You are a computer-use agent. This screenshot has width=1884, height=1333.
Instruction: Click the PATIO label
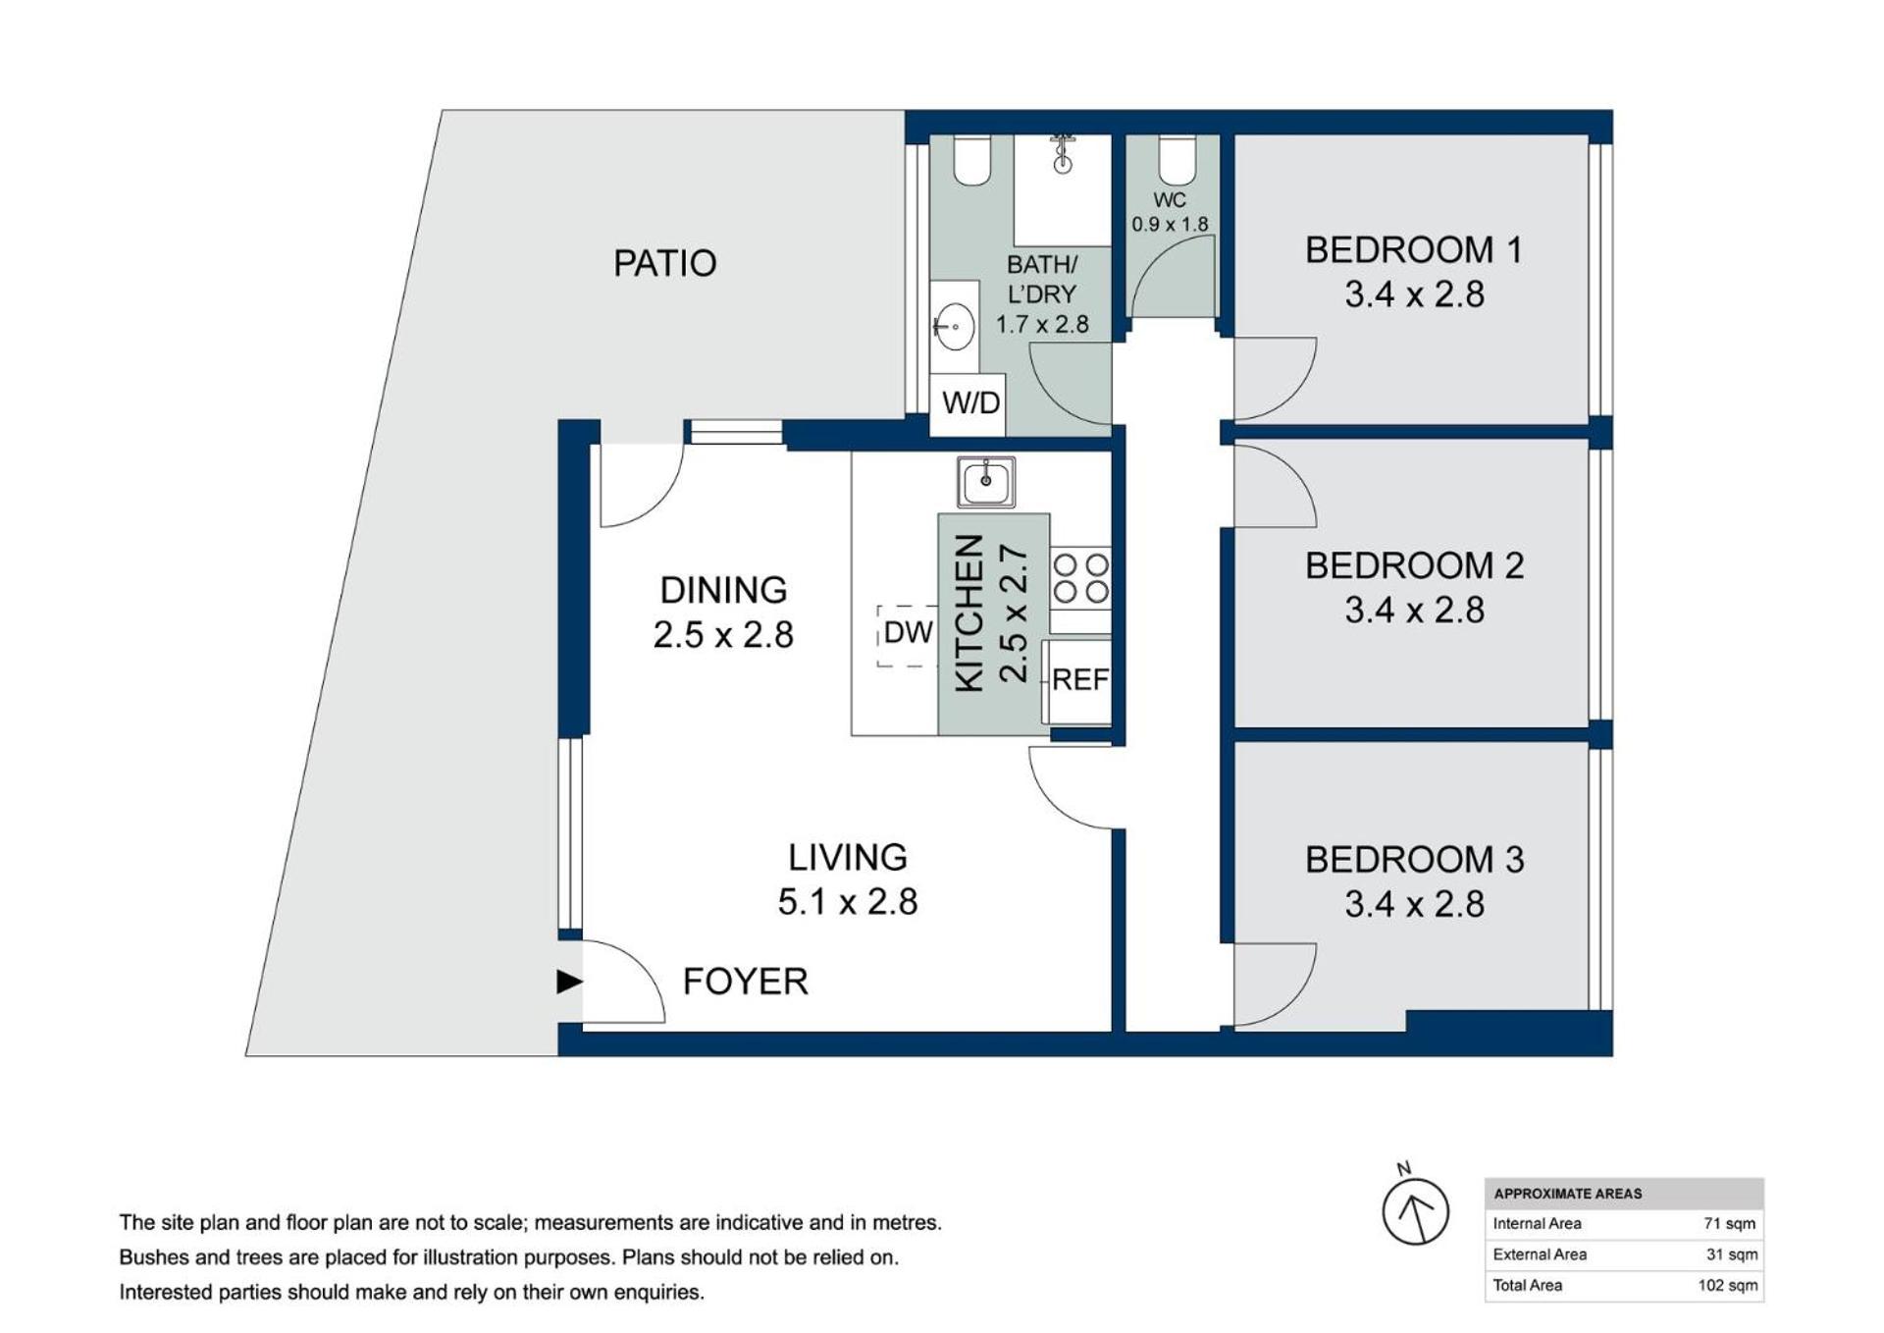664,263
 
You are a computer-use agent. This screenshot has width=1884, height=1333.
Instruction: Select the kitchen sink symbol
985,482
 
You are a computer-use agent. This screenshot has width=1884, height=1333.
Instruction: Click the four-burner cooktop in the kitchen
1080,578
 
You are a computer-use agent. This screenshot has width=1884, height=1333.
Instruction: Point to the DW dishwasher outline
908,635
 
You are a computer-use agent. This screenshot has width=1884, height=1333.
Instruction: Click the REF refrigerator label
1080,679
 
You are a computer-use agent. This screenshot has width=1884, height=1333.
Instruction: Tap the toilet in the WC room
1177,160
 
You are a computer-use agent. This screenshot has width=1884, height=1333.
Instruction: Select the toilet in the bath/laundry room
971,160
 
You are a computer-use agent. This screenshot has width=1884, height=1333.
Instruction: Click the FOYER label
745,982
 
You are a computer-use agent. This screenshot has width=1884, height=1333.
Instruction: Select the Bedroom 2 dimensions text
1414,610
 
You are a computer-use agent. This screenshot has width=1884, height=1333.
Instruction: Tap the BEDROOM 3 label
1414,860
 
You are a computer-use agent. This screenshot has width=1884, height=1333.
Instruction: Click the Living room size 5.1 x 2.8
848,901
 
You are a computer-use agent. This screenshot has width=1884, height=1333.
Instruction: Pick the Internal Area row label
1537,1224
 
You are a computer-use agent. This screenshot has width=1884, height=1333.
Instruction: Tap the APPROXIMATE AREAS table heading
1567,1194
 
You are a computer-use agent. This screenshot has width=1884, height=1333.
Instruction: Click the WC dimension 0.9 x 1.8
1170,225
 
